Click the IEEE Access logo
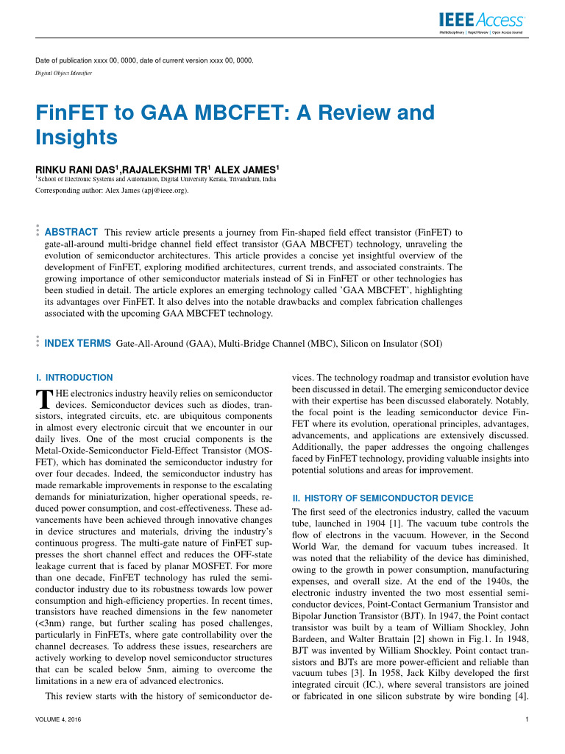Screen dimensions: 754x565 point(481,22)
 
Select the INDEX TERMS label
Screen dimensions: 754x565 point(78,343)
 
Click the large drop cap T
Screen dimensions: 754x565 point(43,398)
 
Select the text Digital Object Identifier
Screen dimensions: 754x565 point(66,73)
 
